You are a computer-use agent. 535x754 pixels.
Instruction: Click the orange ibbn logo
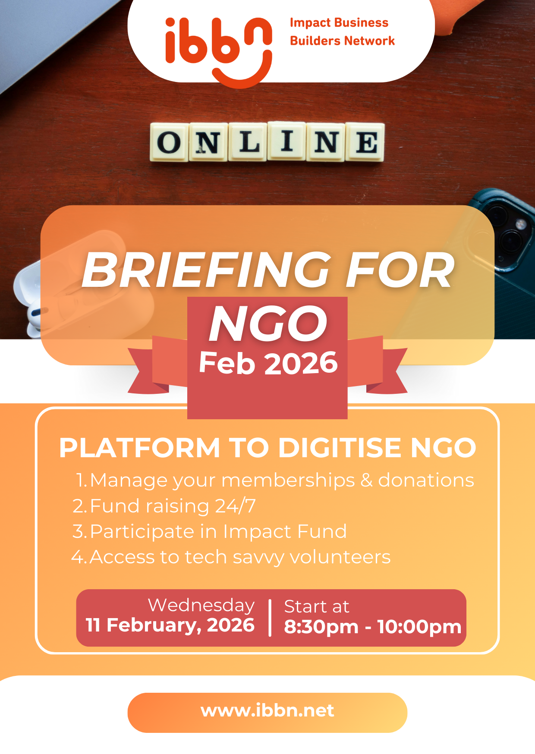(x=219, y=52)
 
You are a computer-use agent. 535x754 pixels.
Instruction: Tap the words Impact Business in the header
(x=339, y=23)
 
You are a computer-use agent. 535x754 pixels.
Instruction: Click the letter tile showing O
(x=169, y=142)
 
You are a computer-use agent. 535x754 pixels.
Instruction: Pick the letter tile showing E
(x=365, y=142)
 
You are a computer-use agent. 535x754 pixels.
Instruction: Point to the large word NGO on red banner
(x=268, y=324)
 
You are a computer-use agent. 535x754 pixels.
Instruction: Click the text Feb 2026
(x=268, y=363)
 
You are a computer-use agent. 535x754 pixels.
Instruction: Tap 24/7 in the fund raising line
(x=235, y=506)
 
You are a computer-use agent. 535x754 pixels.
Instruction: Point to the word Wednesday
(x=201, y=606)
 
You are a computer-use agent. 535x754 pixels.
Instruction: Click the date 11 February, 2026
(x=170, y=625)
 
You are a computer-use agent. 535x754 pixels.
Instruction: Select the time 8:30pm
(x=321, y=627)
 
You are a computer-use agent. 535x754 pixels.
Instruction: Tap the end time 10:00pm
(x=419, y=627)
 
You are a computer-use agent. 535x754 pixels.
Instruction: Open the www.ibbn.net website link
(x=267, y=711)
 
